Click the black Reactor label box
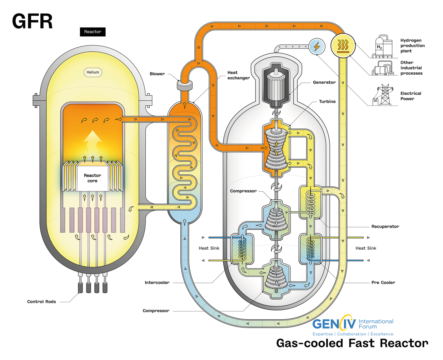(93, 32)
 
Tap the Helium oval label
(93, 72)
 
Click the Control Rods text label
(41, 302)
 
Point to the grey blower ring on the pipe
(185, 85)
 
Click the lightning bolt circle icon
(317, 47)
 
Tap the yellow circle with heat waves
(343, 46)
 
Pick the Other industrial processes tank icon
(383, 68)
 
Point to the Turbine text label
(327, 101)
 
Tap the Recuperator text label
(385, 226)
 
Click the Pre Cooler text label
(383, 282)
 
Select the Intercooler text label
(157, 282)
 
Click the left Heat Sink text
(209, 248)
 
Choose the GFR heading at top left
(32, 21)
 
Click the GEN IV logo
(334, 324)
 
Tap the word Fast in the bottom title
(362, 343)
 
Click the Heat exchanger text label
(238, 75)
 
